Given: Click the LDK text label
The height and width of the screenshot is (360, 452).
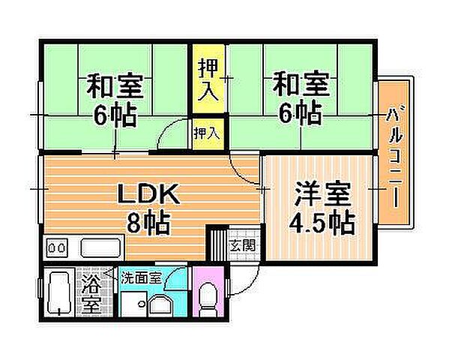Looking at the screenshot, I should click(x=146, y=196).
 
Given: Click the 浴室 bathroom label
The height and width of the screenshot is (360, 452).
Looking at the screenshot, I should click(x=91, y=294).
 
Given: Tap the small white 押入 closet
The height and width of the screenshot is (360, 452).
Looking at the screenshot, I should click(x=207, y=133).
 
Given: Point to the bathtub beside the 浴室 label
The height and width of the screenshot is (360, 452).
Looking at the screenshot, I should click(x=57, y=295).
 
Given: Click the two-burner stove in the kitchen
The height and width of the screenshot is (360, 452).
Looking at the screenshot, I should click(x=57, y=247).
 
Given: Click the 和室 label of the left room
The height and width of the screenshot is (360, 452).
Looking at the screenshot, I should click(x=115, y=85).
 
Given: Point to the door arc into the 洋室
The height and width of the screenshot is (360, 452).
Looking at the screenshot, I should click(x=241, y=169).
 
